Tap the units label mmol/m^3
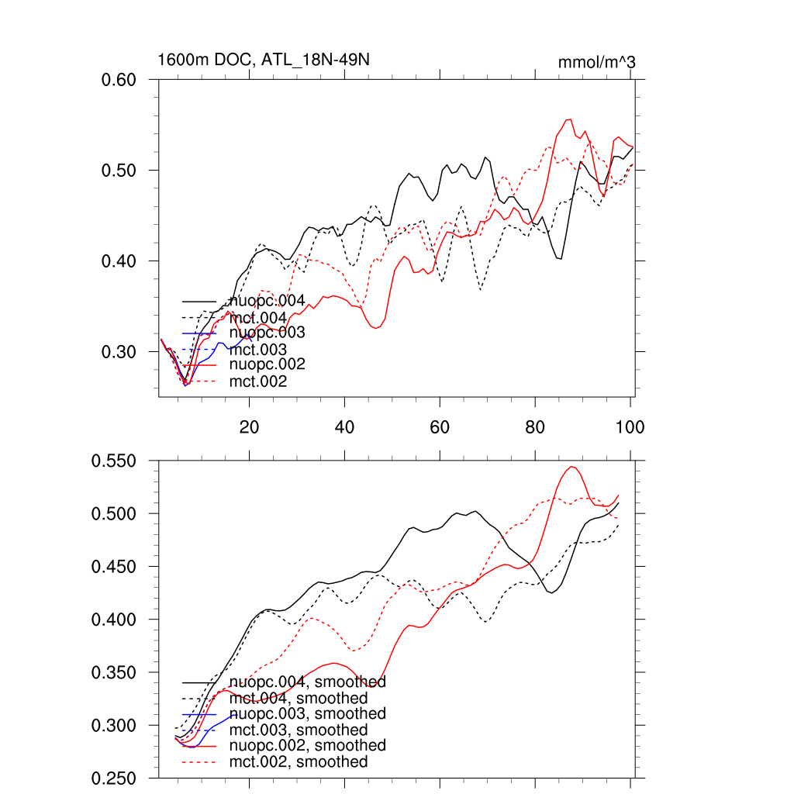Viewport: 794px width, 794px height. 597,62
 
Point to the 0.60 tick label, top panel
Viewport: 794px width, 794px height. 120,80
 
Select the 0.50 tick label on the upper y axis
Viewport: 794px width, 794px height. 120,171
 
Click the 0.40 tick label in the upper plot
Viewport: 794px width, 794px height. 120,261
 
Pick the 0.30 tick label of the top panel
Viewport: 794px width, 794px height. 120,352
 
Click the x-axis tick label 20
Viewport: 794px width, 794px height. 249,426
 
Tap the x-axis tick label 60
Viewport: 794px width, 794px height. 440,426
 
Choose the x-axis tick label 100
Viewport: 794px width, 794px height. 629,426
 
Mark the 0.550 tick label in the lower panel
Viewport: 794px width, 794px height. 115,461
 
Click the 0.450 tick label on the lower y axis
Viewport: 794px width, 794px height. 115,567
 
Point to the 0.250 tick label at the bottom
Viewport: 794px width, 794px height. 115,778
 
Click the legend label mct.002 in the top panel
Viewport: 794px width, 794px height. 258,381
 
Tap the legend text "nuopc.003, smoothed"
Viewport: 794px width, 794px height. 308,713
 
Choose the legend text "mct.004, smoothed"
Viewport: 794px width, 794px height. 299,699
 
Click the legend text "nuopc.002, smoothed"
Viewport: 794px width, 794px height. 308,745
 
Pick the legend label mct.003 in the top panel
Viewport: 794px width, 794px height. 258,350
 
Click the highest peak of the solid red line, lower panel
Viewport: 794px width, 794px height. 571,467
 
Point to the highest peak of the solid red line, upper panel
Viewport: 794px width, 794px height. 568,119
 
